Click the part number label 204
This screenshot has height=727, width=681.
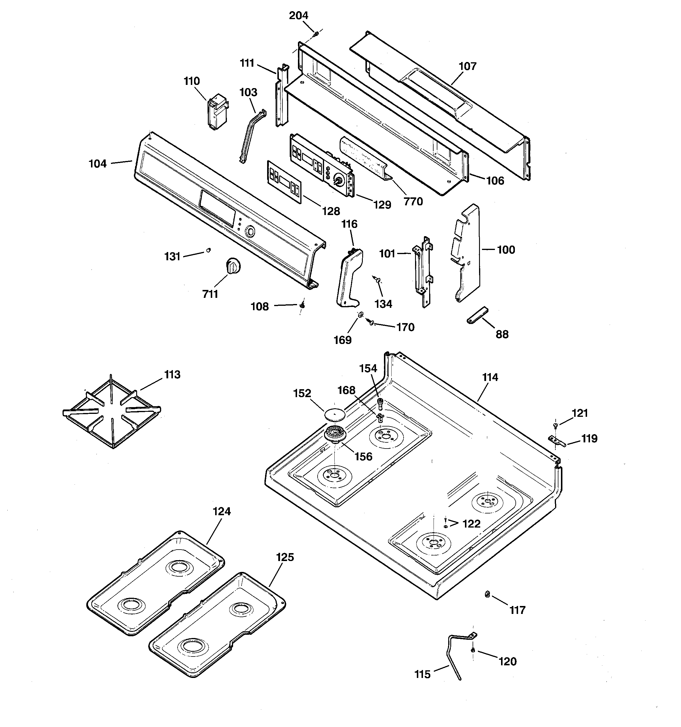tap(299, 15)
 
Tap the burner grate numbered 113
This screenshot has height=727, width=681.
tap(112, 412)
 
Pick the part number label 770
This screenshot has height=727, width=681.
tap(413, 202)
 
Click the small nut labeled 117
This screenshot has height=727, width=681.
tap(487, 595)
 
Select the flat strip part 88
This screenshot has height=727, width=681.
tap(477, 315)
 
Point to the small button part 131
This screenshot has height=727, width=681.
tap(209, 250)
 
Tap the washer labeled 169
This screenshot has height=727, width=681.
tap(360, 315)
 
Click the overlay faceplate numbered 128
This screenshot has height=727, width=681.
tap(284, 182)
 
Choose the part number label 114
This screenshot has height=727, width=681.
tap(490, 377)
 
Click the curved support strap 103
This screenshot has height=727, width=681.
tap(253, 136)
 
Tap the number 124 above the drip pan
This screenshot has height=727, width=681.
tap(222, 511)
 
